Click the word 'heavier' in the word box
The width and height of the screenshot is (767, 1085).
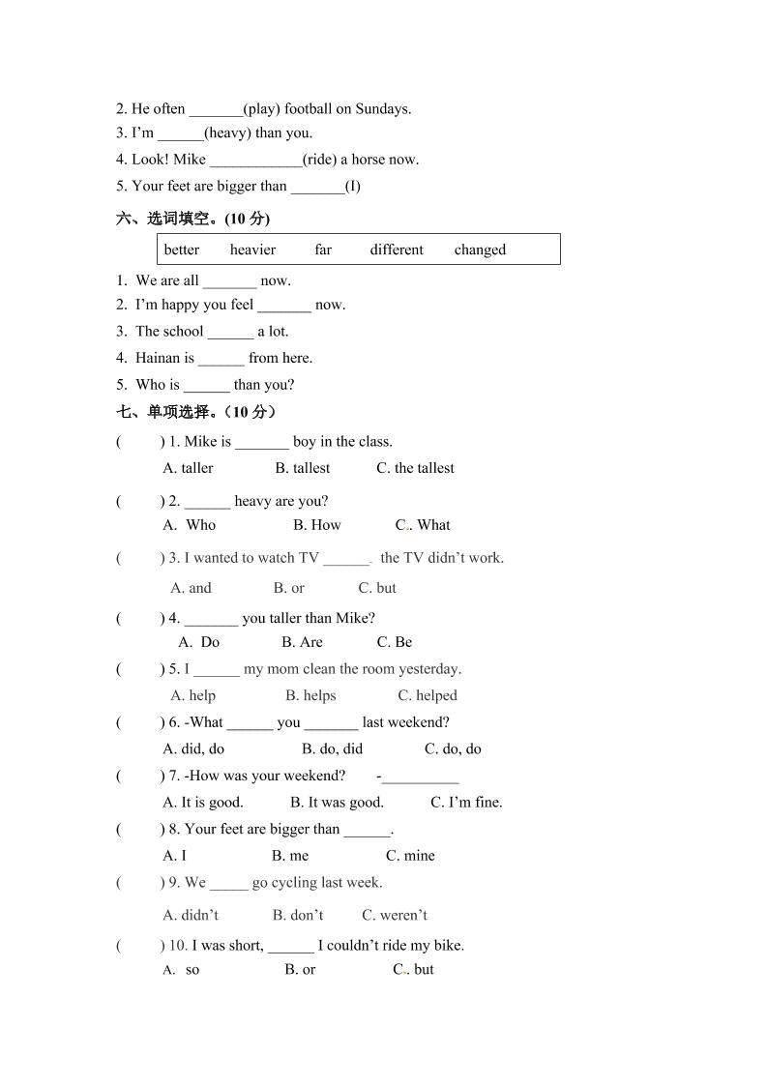[x=252, y=249]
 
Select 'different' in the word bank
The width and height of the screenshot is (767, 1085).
[x=397, y=249]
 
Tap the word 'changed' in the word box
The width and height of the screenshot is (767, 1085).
[x=480, y=249]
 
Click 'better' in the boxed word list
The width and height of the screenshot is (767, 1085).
[x=182, y=249]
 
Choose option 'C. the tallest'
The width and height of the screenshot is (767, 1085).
[x=415, y=468]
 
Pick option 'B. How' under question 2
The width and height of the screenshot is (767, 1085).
[x=317, y=525]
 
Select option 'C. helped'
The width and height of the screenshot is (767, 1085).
[x=428, y=695]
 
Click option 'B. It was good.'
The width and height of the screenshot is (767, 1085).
[x=337, y=802]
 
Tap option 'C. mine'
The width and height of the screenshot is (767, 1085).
[x=410, y=855]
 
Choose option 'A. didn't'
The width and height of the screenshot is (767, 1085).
[x=191, y=915]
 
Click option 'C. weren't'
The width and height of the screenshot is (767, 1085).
[x=395, y=915]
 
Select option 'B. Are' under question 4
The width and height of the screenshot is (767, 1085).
[x=302, y=642]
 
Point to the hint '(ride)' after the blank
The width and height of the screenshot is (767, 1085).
[x=319, y=160]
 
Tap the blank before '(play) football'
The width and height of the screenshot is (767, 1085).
[x=216, y=109]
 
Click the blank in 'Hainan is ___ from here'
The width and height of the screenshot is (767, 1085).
[x=221, y=358]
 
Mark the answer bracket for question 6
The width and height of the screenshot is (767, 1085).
[x=139, y=722]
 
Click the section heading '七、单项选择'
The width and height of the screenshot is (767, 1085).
[x=196, y=412]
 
